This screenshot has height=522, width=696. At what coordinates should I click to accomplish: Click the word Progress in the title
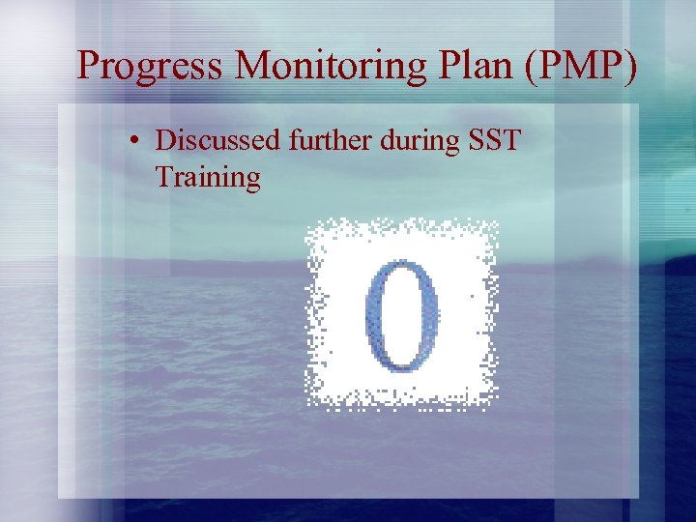point(151,65)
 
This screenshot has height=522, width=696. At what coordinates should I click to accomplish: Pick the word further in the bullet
point(321,140)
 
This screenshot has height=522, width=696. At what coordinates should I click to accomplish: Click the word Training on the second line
point(208,178)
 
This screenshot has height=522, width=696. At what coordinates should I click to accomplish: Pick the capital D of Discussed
point(166,140)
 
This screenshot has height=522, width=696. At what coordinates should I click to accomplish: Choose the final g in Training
point(251,182)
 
